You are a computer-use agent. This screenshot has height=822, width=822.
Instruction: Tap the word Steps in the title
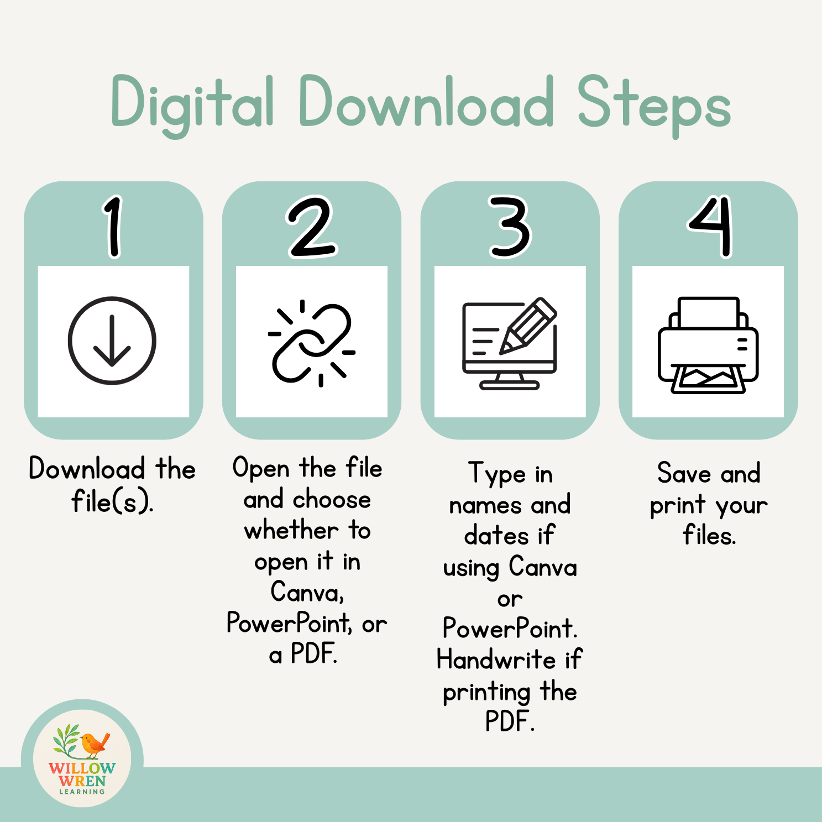coord(654,105)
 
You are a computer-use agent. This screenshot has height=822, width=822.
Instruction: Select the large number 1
coord(113,227)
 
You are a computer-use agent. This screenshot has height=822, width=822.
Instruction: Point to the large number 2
coord(311,227)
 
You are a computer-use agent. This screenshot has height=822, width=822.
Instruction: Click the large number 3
coord(510,227)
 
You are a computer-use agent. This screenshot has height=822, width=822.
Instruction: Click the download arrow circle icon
coord(112,341)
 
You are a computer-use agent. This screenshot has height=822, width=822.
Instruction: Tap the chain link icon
coord(311,343)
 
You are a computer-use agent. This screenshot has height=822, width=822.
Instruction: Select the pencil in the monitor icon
coord(527,326)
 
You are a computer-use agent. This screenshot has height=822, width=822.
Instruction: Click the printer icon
coord(708,345)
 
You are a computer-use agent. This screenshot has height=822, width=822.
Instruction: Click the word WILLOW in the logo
coord(82,768)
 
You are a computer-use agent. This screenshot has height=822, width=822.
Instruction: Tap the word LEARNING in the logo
coord(82,792)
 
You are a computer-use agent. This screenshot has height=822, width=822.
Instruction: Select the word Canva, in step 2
coord(307,592)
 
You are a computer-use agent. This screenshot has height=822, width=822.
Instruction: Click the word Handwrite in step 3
coord(496,659)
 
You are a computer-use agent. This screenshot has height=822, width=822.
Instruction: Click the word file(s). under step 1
coord(112,502)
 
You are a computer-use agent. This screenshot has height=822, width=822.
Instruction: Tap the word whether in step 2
coord(291,531)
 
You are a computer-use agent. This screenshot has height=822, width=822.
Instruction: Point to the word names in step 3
coord(485,505)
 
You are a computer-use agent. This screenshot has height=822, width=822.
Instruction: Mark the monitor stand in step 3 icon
coord(509,381)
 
